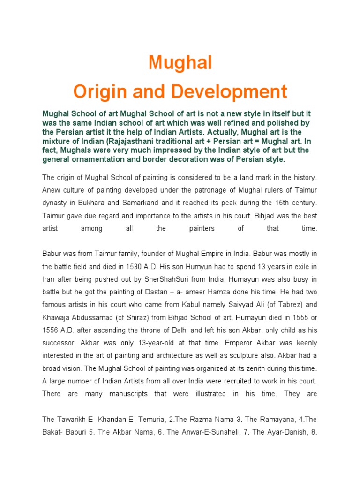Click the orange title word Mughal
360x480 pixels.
click(180, 63)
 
